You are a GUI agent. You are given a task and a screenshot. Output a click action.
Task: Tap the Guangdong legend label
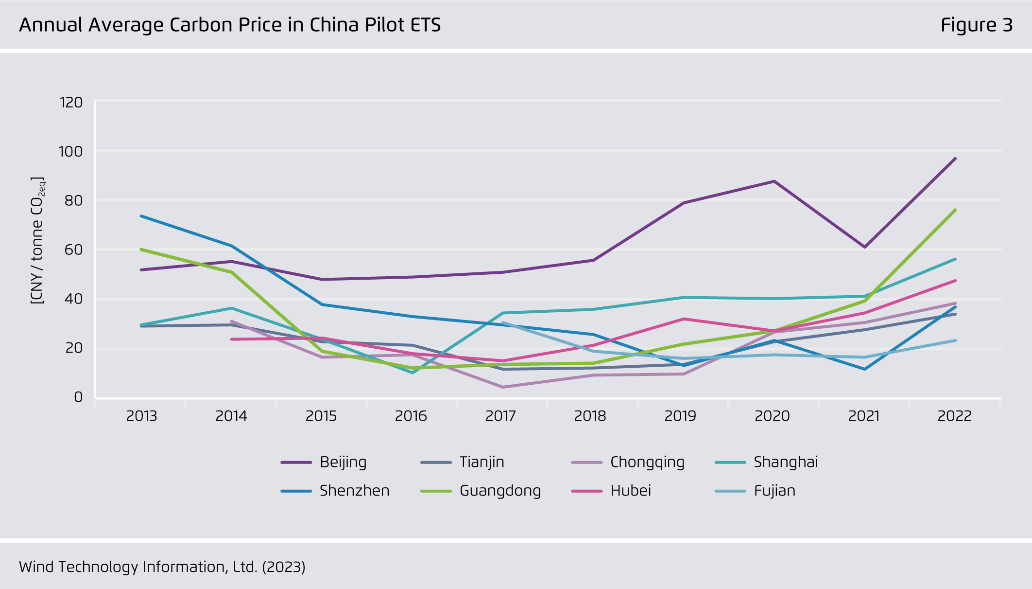pos(500,491)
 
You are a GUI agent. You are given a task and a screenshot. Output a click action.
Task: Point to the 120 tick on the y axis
pos(71,103)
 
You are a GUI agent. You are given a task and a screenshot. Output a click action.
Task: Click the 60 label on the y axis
pos(73,250)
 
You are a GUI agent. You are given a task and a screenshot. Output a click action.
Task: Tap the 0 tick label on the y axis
pos(78,397)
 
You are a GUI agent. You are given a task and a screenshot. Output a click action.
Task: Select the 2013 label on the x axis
pos(141,416)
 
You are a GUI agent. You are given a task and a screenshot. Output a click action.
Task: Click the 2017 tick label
pos(500,416)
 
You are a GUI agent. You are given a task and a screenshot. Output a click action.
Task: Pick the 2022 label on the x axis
pos(954,416)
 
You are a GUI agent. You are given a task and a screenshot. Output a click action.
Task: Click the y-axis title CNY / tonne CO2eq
pos(37,241)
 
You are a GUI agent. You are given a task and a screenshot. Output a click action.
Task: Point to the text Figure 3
pos(976,25)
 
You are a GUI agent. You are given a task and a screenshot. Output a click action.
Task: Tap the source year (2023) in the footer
pos(283,567)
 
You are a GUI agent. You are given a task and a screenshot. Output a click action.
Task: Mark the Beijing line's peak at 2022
pos(955,159)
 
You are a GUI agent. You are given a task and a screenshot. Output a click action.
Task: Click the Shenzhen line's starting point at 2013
pos(141,216)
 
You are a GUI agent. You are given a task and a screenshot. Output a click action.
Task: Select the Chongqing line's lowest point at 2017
pos(503,387)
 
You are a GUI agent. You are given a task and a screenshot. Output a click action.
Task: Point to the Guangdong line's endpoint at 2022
pos(955,210)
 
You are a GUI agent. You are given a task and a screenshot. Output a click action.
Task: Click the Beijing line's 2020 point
pos(774,181)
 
